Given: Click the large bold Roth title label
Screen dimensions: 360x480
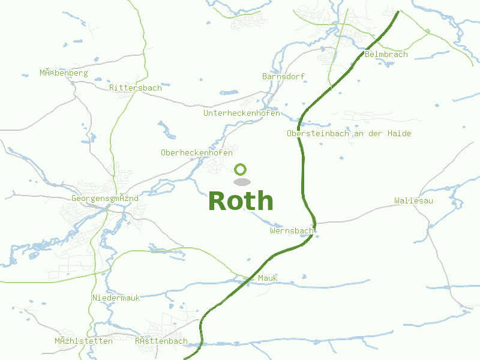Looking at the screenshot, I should (x=241, y=202).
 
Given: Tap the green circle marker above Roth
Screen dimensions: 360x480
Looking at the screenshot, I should (x=241, y=169).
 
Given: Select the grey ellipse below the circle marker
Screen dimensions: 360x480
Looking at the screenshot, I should (x=241, y=181).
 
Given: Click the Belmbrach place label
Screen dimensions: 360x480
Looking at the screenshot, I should (x=386, y=55).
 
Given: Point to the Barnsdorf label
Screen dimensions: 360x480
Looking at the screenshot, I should (x=283, y=77).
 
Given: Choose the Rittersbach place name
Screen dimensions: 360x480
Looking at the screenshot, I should (x=135, y=88).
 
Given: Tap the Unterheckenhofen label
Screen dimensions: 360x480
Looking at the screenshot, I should (x=241, y=113).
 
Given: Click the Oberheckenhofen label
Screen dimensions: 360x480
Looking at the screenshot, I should (x=196, y=153).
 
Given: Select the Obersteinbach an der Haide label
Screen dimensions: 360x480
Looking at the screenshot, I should (x=349, y=134).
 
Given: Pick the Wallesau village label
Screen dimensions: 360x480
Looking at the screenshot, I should (x=413, y=200).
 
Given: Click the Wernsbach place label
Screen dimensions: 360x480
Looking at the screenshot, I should (x=292, y=230).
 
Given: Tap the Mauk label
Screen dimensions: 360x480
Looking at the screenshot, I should (x=268, y=278).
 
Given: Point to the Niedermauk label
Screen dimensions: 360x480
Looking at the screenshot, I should (x=116, y=298).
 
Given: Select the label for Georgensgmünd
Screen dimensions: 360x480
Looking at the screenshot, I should (x=104, y=199).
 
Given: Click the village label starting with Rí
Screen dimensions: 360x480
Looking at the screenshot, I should (x=161, y=341).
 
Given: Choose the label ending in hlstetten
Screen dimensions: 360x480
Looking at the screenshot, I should (x=83, y=341).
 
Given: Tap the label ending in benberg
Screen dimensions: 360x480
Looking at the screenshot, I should (x=64, y=73).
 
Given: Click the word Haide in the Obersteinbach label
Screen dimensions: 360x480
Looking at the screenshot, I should (x=399, y=134).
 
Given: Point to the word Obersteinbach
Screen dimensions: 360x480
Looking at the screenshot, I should (x=317, y=134).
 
